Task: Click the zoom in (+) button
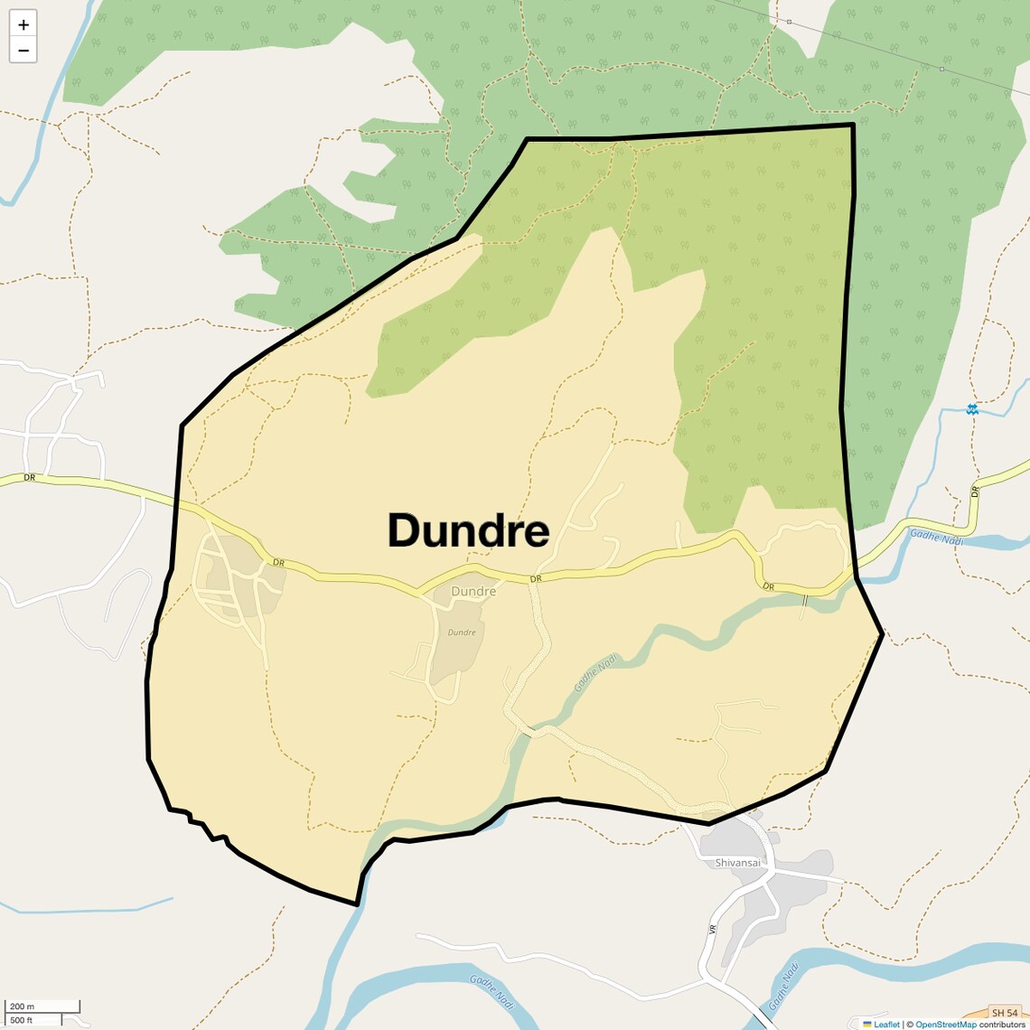(x=23, y=24)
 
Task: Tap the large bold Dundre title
(x=468, y=531)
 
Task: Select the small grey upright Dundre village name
(x=473, y=592)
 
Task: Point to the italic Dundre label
(x=462, y=632)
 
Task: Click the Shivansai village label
(x=738, y=863)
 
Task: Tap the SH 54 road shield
(x=1005, y=1013)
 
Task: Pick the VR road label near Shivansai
(x=713, y=929)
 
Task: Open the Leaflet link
(x=886, y=1025)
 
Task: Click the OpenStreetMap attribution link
(x=946, y=1025)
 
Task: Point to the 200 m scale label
(x=22, y=1007)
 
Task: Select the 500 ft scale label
(x=22, y=1020)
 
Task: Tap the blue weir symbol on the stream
(x=971, y=409)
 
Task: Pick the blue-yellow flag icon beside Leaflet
(x=867, y=1025)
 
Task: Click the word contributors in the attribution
(x=1002, y=1025)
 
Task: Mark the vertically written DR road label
(x=975, y=492)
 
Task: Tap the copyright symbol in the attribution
(x=910, y=1025)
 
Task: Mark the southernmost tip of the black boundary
(x=357, y=904)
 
